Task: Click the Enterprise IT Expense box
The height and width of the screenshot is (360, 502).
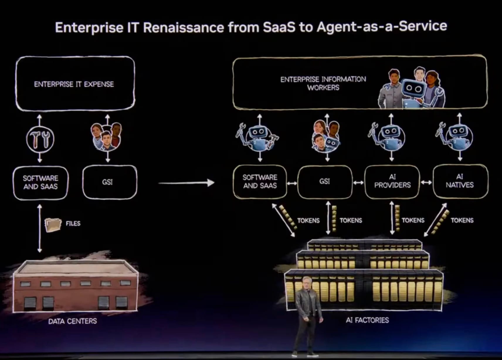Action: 75,84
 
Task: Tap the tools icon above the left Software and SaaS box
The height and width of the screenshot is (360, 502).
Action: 40,139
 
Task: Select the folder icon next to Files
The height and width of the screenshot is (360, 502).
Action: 53,225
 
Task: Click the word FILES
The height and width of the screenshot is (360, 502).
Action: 73,223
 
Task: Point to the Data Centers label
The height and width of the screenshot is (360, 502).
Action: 72,321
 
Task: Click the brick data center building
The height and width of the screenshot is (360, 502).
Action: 75,287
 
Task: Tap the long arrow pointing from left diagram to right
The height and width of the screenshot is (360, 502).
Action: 186,183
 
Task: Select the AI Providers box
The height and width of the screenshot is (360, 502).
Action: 392,181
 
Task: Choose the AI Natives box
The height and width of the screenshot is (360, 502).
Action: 460,181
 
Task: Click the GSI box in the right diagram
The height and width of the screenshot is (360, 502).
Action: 325,181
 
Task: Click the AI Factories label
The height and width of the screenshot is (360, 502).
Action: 367,320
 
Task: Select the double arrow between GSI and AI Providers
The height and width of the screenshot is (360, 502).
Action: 358,183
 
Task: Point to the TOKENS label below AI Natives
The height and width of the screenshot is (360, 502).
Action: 462,220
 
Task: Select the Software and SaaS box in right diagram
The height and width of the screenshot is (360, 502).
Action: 260,181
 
